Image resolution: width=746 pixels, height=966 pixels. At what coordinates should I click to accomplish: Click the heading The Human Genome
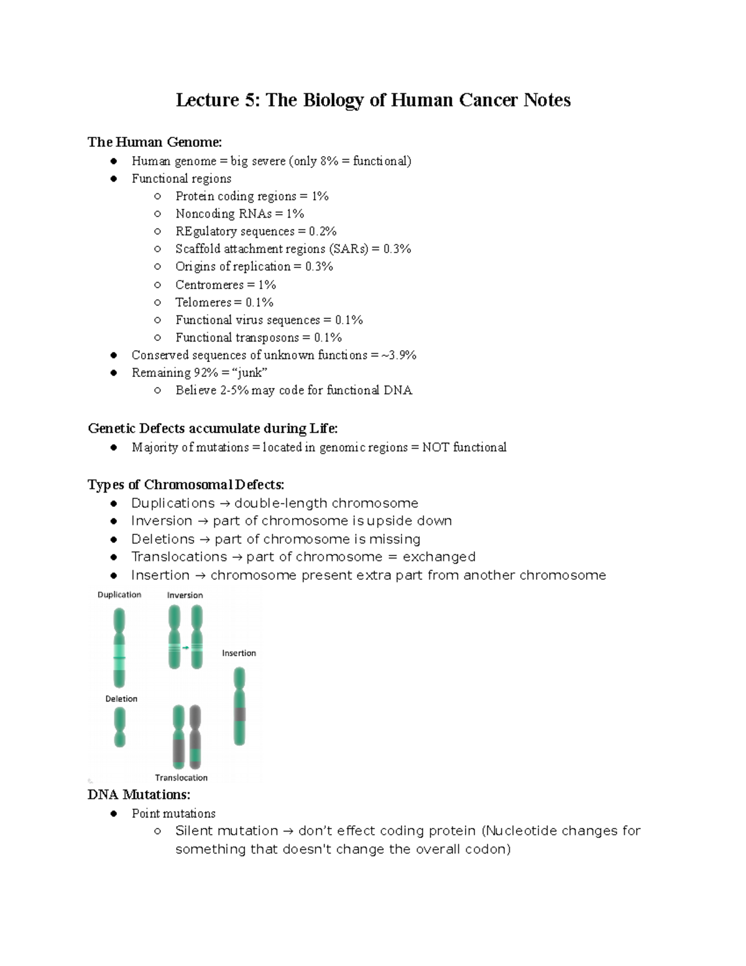pos(154,142)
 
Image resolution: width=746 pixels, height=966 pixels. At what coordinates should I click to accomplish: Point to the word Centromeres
pos(209,285)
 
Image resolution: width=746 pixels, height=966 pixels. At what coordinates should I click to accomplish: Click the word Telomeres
pos(203,302)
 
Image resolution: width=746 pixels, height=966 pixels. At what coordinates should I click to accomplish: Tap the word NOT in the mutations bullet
pos(435,447)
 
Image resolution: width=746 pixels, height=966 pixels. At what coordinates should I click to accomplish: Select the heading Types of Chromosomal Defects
pos(185,485)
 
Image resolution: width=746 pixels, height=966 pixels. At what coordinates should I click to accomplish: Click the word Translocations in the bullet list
pos(179,557)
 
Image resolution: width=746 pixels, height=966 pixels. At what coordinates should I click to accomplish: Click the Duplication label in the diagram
pos(119,595)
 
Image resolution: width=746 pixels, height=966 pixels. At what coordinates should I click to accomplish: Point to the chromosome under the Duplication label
pos(119,648)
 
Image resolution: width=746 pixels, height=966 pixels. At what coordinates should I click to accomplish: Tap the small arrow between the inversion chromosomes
pos(185,648)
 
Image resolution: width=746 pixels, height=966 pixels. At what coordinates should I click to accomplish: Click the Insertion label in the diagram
pos(239,653)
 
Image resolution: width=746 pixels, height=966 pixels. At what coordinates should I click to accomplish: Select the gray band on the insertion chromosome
pos(239,714)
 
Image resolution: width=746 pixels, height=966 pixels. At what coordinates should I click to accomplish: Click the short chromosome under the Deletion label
pos(119,727)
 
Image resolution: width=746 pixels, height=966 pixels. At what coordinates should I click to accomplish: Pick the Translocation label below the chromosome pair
pos(181,778)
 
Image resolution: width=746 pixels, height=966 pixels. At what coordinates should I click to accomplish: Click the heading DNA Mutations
pos(139,795)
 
